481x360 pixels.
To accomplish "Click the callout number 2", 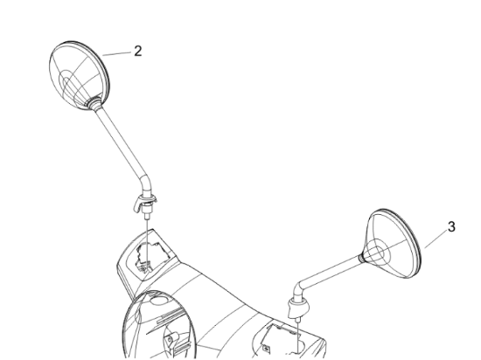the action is [138, 52].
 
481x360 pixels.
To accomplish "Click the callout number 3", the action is [451, 227].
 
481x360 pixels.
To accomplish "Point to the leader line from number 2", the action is [116, 54].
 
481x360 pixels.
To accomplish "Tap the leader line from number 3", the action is [436, 239].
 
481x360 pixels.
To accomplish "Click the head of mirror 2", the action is [79, 75].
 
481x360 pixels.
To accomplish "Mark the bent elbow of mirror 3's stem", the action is [298, 291].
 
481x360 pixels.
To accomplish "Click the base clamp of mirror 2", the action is [145, 201].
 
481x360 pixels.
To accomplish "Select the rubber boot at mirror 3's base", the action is [298, 308].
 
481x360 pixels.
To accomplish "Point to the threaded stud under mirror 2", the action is [147, 213].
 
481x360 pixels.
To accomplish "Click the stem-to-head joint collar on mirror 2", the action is [94, 102].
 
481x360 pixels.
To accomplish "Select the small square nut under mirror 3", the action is [266, 349].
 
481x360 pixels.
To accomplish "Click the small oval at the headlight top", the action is [159, 300].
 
